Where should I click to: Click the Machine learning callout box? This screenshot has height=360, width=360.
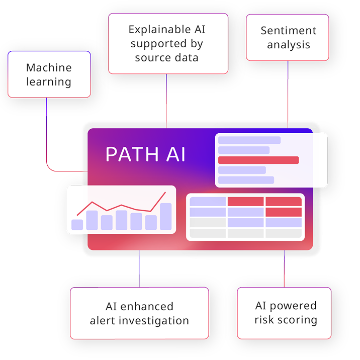tap(49, 74)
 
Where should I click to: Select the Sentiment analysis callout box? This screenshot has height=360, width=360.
tap(288, 38)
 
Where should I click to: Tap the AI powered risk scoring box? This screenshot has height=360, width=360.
tap(284, 313)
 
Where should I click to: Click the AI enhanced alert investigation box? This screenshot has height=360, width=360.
tap(139, 313)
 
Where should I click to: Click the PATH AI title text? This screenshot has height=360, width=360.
tap(145, 154)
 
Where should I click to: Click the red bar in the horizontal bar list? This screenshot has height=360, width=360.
tap(258, 160)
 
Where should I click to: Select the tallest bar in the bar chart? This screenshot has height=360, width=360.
tap(165, 217)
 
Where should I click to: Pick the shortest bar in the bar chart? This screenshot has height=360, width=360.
tap(77, 224)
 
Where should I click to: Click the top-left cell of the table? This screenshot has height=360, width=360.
tap(208, 202)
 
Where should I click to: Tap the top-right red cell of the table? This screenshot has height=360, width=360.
tap(283, 202)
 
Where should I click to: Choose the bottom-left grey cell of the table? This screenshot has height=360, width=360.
tap(208, 233)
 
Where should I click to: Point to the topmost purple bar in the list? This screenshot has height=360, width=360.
tap(249, 140)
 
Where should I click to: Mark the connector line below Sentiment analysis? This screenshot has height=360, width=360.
tap(288, 91)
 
